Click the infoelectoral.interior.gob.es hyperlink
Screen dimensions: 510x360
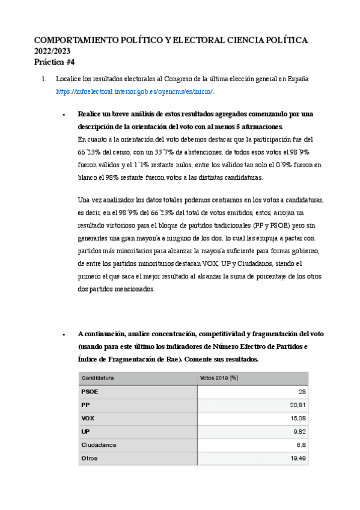[x=135, y=91]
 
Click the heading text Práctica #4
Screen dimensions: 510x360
[x=55, y=62]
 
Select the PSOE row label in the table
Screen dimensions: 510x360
[x=90, y=392]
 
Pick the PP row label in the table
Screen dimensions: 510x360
[x=85, y=405]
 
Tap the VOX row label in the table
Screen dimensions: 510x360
[x=88, y=418]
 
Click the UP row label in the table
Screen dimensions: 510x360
[x=85, y=431]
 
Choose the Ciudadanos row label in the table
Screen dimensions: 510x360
[x=99, y=444]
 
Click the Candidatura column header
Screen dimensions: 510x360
[x=98, y=378]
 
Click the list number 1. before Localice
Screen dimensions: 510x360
[x=43, y=79]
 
